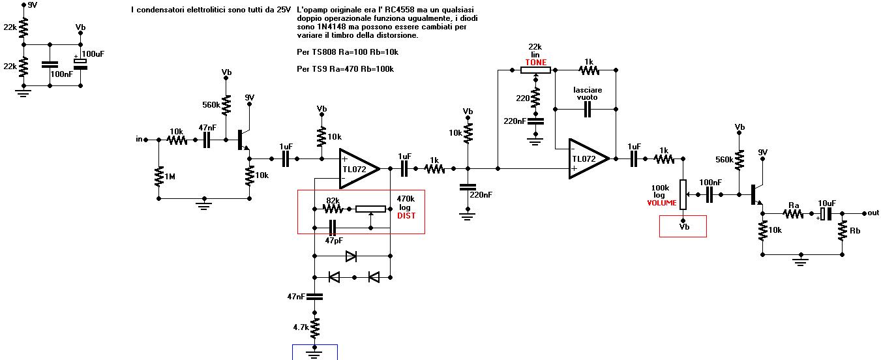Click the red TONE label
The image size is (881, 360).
535,62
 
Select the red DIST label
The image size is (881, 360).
406,216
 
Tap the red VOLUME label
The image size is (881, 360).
662,203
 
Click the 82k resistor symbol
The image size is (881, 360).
333,209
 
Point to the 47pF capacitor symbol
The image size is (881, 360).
333,228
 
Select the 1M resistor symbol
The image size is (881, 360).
159,177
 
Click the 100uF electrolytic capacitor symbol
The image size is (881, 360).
81,64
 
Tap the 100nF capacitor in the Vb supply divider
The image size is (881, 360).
50,65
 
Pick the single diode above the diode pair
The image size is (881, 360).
351,256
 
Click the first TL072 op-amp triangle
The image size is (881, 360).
359,169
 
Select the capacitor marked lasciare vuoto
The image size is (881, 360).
587,109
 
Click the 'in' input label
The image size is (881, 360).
139,139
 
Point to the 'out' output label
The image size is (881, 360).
873,213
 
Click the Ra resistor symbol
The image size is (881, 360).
793,214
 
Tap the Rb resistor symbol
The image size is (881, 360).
842,231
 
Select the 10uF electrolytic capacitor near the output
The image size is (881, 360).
826,214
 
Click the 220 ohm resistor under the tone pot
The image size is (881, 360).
535,98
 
